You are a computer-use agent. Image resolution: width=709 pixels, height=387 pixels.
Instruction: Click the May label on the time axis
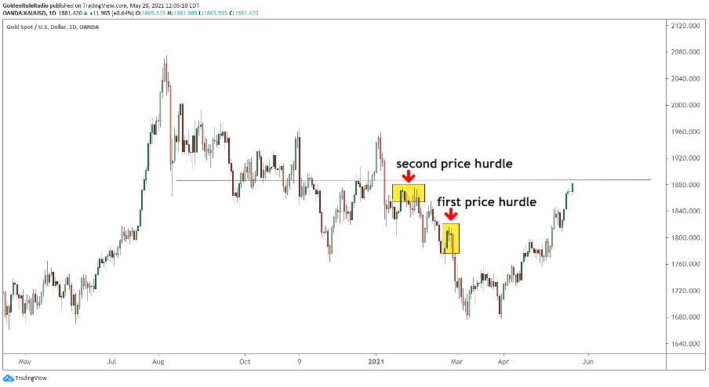[24, 362]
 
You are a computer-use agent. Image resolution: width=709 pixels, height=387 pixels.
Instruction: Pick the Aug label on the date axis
[158, 362]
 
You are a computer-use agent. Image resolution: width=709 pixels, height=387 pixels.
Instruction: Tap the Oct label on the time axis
[245, 362]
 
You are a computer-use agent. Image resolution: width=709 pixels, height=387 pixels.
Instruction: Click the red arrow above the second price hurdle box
[409, 177]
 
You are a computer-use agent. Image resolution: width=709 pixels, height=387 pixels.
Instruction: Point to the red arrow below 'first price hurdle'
[450, 215]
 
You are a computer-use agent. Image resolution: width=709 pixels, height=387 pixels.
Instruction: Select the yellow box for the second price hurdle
[409, 193]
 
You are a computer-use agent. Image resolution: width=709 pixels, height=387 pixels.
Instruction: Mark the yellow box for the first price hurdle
[450, 238]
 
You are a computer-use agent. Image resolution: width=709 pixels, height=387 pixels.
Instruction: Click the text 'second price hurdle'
[453, 164]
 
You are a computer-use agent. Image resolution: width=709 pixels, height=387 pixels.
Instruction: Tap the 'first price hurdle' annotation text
[486, 202]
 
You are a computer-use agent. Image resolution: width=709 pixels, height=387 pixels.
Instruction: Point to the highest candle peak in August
[165, 58]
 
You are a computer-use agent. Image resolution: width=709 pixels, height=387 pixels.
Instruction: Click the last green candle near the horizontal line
[573, 186]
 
